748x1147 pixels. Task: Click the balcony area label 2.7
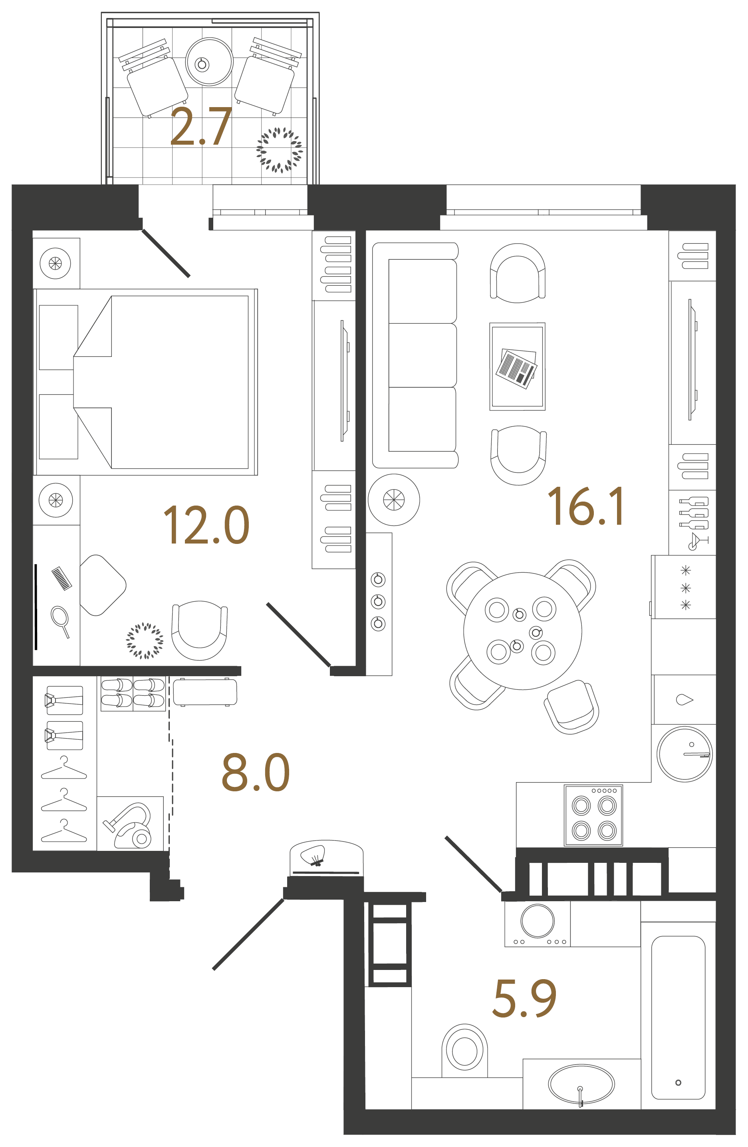(x=201, y=127)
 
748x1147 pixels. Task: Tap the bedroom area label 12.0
(x=206, y=525)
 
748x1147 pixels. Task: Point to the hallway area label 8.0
(x=255, y=773)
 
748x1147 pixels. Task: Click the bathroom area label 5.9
(x=524, y=999)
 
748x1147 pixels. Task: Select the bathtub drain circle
(x=678, y=1082)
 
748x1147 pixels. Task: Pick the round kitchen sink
(x=684, y=754)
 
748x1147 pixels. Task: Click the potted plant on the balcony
(x=280, y=150)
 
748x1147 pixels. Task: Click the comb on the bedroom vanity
(x=62, y=578)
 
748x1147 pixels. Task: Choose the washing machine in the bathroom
(x=537, y=923)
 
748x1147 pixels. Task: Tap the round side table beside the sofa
(x=393, y=500)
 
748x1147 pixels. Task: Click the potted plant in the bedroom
(x=145, y=641)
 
